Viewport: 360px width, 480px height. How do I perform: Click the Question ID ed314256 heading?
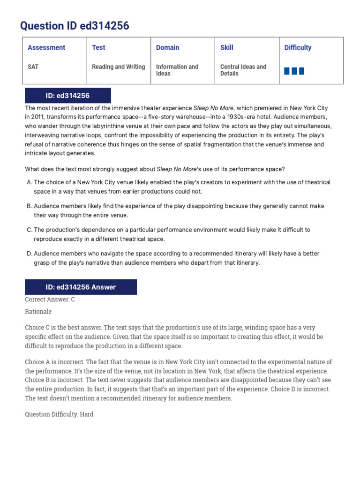click(x=75, y=26)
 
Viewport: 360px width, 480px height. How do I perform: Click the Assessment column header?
click(x=46, y=47)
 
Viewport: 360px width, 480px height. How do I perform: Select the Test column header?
click(x=98, y=47)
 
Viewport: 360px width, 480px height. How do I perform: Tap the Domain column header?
click(x=167, y=47)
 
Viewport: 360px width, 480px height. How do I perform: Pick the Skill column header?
click(x=226, y=47)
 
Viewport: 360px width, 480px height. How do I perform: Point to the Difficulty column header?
click(x=298, y=47)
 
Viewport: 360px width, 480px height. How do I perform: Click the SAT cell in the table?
click(x=33, y=67)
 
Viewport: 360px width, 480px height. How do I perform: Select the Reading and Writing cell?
click(x=119, y=67)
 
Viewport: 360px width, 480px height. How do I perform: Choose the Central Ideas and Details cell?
click(x=243, y=70)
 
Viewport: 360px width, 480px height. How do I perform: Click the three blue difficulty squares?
click(x=294, y=71)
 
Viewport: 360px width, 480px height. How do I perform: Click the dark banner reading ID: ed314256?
click(x=67, y=96)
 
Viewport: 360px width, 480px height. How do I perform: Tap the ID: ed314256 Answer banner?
click(x=80, y=287)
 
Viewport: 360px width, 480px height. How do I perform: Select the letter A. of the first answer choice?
click(x=29, y=182)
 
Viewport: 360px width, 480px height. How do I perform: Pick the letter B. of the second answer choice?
click(x=29, y=206)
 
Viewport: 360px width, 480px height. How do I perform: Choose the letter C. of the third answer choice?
click(x=29, y=230)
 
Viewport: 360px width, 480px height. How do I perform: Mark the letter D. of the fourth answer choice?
click(x=29, y=254)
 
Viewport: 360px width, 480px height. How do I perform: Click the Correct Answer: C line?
click(x=50, y=300)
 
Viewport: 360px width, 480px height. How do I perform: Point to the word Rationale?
click(x=38, y=311)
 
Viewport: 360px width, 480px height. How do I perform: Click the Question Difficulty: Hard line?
click(x=59, y=414)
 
